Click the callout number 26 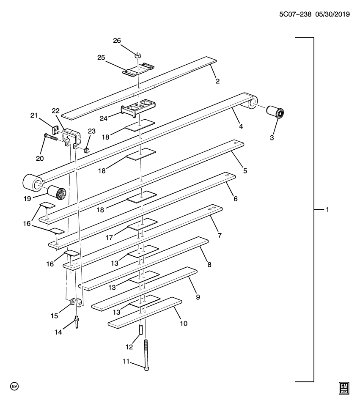pos(117,41)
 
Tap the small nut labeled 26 pos(137,55)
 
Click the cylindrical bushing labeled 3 pos(275,113)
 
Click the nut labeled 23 pos(87,149)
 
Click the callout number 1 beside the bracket pos(327,209)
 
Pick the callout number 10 pos(183,324)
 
